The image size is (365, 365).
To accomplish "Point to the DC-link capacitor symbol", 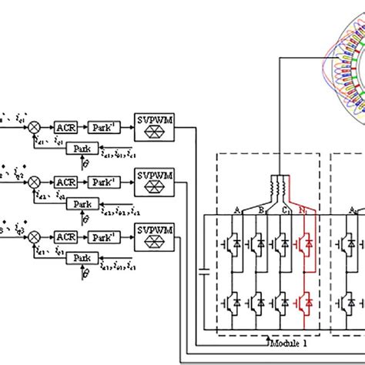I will point(204,270).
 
